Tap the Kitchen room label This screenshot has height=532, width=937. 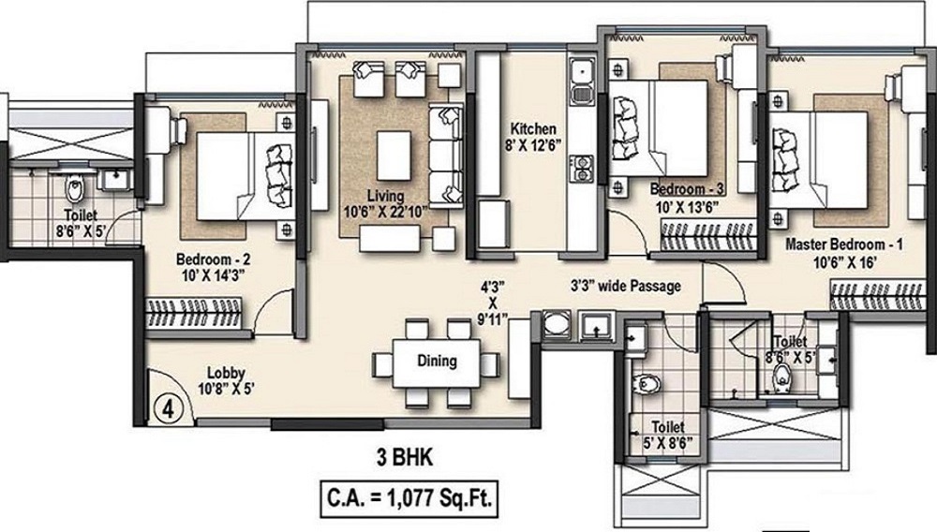coord(533,129)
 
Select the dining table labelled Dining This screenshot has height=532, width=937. coord(437,363)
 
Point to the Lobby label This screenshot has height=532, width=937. coord(227,373)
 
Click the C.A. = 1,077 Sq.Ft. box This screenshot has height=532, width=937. coord(409,498)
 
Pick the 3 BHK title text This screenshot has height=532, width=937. coord(405,458)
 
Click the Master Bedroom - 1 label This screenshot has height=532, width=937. coord(844,244)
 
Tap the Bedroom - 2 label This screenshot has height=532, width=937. coord(214,259)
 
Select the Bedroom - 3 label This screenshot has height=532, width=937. coord(687,189)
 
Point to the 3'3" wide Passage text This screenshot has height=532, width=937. coord(626,287)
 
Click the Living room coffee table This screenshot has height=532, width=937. coord(394,155)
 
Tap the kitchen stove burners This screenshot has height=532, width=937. coord(582,168)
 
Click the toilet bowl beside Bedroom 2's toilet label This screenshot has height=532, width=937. coord(75,189)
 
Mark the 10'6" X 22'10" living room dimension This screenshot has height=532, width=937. coord(385,212)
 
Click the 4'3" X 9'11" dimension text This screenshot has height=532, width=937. coord(493,303)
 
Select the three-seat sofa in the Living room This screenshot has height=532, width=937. coord(446,156)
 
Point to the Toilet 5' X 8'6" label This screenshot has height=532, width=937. coord(667,435)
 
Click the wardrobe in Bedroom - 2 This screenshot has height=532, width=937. coord(195,314)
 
